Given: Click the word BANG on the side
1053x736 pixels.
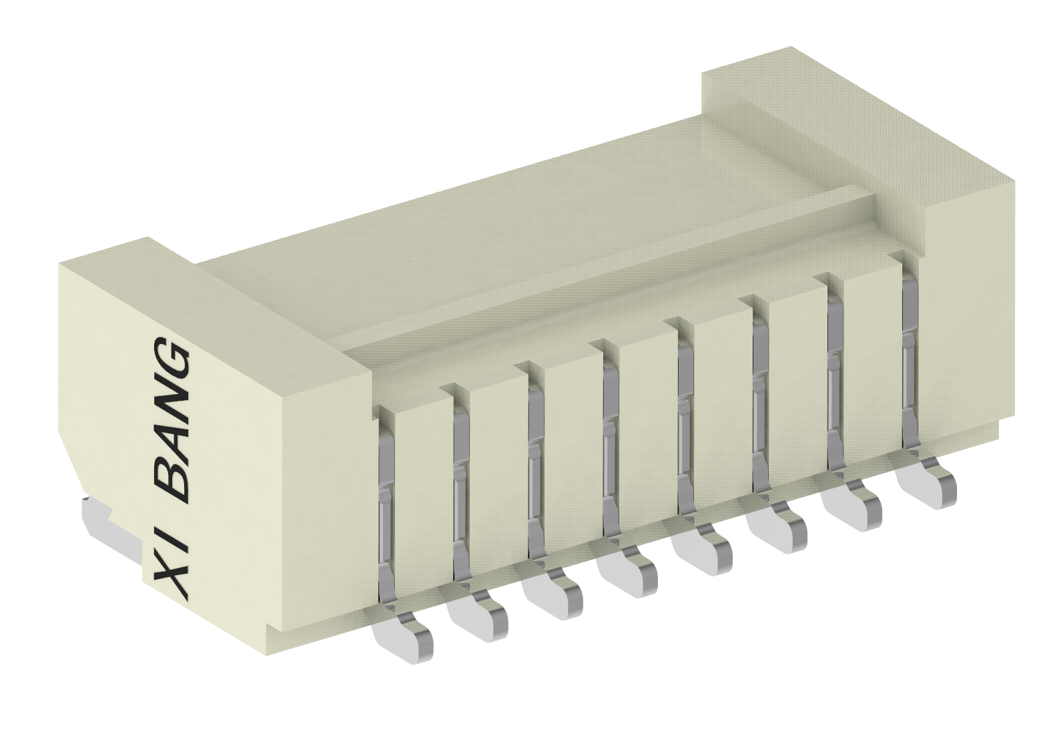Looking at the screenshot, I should coord(171,421).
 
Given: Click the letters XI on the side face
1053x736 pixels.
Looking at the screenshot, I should coord(172,560).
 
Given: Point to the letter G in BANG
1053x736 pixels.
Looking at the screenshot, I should coord(171,364).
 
